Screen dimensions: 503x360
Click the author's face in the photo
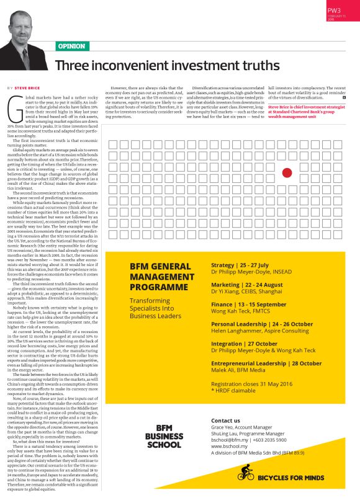(25, 28)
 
